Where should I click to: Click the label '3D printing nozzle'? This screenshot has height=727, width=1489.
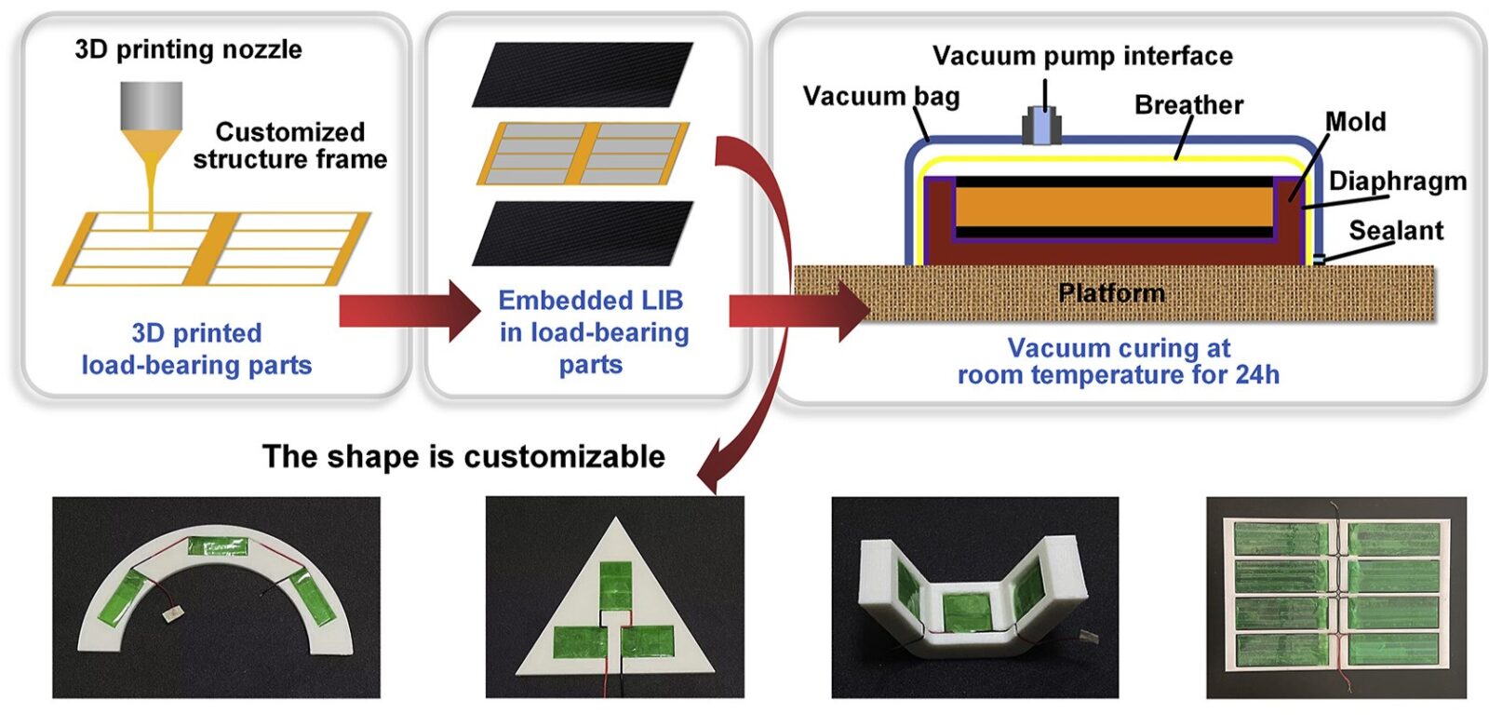[188, 49]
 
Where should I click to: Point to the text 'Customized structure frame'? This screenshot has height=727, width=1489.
[289, 145]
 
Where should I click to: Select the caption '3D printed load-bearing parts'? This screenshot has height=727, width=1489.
[196, 349]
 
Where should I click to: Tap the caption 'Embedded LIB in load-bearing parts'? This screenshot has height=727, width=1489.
[594, 332]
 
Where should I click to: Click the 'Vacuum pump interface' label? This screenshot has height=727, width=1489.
[1082, 56]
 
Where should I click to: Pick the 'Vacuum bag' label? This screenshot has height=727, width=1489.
[880, 96]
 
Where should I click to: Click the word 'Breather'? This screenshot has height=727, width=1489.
[1188, 105]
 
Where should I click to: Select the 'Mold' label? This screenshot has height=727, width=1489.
[1355, 122]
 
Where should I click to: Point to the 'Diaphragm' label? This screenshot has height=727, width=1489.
[1397, 181]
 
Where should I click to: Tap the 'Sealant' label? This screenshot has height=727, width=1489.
[1396, 230]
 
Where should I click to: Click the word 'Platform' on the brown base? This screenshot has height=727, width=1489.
[1111, 293]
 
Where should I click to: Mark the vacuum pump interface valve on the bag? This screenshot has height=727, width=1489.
[1043, 126]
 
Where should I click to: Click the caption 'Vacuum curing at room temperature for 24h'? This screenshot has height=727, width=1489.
[1119, 361]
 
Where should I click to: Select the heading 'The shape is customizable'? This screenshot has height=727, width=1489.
[463, 456]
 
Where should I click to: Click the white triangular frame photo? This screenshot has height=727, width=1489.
[615, 597]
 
